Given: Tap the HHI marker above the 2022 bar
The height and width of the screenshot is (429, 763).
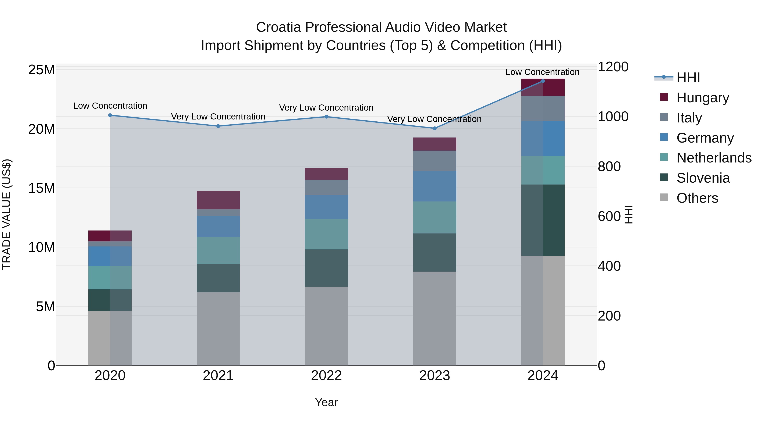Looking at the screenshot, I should pyautogui.click(x=326, y=117).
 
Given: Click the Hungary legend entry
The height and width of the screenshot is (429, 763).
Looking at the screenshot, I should pyautogui.click(x=702, y=98).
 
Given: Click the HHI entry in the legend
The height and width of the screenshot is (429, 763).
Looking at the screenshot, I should pyautogui.click(x=688, y=78).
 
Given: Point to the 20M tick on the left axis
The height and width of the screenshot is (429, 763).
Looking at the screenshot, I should pyautogui.click(x=42, y=129).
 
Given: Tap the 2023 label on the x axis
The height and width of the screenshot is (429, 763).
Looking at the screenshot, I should pyautogui.click(x=434, y=375).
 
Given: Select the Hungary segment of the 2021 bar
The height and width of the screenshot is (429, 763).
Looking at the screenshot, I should pyautogui.click(x=218, y=200).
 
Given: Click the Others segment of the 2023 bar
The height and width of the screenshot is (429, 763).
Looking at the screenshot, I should pyautogui.click(x=434, y=318).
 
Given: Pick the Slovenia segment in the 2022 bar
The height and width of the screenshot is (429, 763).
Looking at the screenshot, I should pyautogui.click(x=326, y=268).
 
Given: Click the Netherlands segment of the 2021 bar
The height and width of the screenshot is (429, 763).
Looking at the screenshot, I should pyautogui.click(x=218, y=250).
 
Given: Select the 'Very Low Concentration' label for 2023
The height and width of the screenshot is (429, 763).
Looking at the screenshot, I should pyautogui.click(x=434, y=119).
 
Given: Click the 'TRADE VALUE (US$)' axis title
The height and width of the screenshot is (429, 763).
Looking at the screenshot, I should pyautogui.click(x=7, y=214).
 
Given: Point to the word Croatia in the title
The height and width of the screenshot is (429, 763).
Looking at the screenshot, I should pyautogui.click(x=278, y=27).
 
